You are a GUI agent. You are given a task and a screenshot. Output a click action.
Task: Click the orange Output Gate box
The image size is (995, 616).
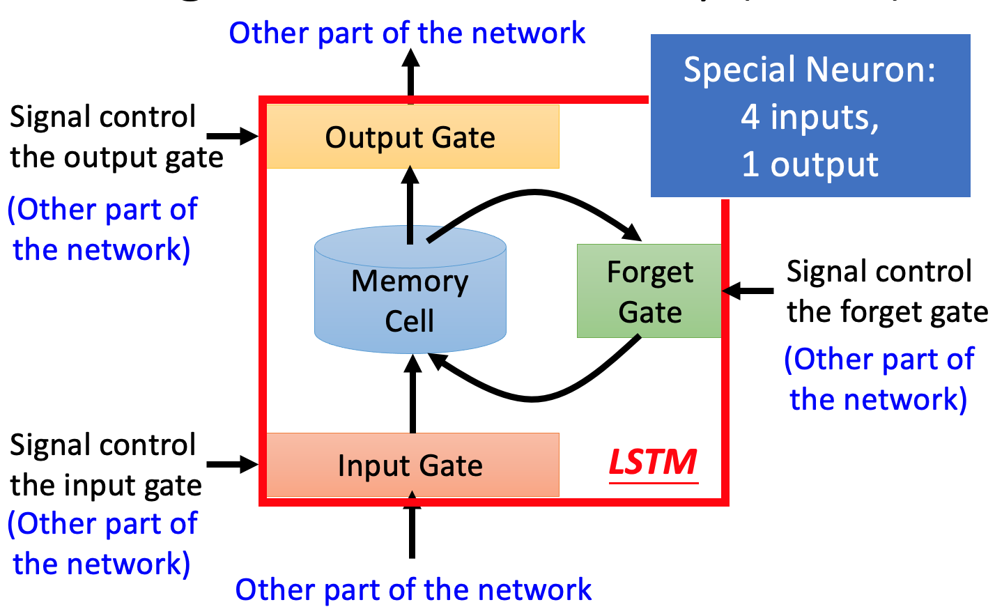click(x=412, y=137)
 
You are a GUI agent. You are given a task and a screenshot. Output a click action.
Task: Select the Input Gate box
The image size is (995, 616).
click(x=412, y=465)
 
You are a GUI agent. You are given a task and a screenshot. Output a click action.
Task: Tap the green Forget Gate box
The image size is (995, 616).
click(x=649, y=291)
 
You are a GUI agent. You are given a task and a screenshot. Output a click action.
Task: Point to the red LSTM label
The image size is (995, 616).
click(x=653, y=462)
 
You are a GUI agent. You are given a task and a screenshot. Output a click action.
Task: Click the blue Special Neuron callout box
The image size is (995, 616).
click(x=810, y=116)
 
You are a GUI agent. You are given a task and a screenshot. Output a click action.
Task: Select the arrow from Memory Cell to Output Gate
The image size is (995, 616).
click(x=410, y=206)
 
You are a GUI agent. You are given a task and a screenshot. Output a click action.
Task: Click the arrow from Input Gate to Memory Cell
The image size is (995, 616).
click(x=413, y=394)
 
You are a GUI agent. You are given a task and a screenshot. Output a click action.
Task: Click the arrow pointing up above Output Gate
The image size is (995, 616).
click(x=411, y=77)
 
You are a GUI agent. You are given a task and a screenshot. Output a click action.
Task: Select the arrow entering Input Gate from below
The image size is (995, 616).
click(x=412, y=526)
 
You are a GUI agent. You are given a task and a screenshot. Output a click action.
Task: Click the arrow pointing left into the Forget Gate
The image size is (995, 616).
click(x=748, y=291)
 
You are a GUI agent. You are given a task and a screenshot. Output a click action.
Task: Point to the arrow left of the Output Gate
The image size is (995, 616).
click(x=233, y=136)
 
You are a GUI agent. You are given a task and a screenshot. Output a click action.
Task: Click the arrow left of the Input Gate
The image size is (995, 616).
click(x=233, y=464)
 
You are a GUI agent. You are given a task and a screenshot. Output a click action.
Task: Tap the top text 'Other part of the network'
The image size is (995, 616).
click(x=407, y=33)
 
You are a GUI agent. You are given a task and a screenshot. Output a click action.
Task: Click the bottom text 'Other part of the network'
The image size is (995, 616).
click(x=413, y=590)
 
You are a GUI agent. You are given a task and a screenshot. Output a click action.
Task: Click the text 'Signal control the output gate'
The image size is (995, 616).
click(x=115, y=137)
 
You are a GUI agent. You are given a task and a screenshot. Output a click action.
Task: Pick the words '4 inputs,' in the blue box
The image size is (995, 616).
click(x=810, y=116)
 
